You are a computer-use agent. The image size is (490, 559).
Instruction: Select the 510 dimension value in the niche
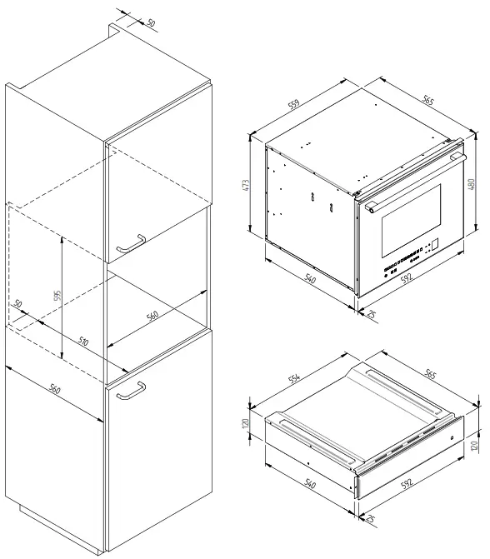coord(84,341)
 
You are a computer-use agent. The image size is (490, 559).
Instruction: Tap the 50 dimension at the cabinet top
coord(150,22)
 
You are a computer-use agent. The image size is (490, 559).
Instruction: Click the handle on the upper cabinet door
coord(131,243)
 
